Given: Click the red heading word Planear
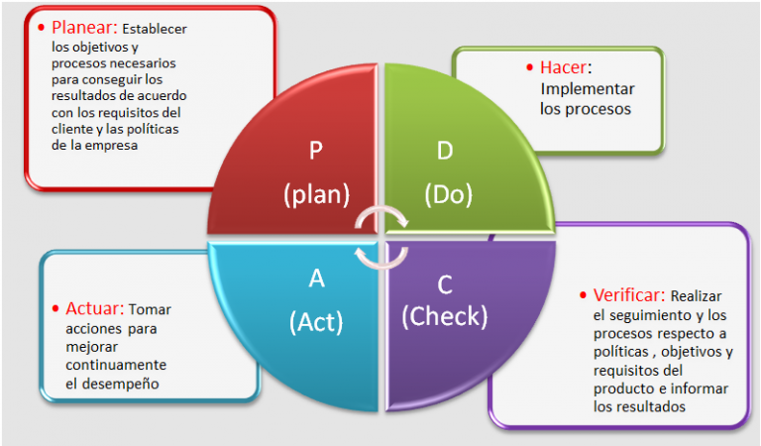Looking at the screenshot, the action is coord(84,27).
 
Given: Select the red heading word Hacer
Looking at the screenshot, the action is coord(563,67).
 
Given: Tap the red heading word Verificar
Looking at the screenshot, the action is coord(628,295).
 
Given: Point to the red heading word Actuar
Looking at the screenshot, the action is coord(95,308).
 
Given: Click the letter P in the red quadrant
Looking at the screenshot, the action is coord(316,150).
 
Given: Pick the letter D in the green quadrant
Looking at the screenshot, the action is coord(445,151).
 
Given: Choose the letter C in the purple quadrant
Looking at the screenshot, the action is coord(445,284).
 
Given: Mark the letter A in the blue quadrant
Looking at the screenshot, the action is coord(316,279).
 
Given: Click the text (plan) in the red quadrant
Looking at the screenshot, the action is coord(316,194).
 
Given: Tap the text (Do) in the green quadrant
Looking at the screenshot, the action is coord(448,194).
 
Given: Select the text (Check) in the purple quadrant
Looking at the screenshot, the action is coord(444,316).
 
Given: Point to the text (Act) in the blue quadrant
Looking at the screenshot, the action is coord(316,322).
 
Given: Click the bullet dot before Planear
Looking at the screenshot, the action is coord(42,27).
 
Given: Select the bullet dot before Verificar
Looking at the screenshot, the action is coord(583,295).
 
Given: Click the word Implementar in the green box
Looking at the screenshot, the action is coord(588,89).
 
